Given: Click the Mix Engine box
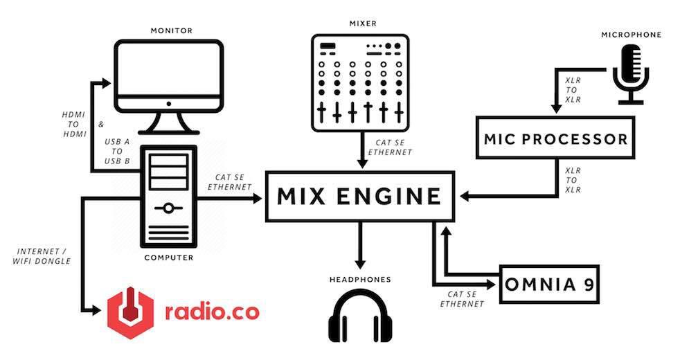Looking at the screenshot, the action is (360, 197).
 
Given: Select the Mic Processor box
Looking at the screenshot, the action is (555, 138).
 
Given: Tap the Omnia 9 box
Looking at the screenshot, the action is (549, 284).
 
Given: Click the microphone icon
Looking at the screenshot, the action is (631, 74).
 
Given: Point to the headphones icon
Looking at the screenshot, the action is (360, 316).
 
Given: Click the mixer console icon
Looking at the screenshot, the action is (360, 83).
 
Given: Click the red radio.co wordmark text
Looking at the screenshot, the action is (212, 311).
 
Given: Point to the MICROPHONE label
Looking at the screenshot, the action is (631, 35).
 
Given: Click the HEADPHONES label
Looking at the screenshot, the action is (360, 280).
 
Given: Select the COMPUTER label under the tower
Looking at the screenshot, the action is (169, 258).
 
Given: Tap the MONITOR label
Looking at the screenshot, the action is (171, 30).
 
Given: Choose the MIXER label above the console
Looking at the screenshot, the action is (363, 24).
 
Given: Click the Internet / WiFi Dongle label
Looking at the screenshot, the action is (42, 256).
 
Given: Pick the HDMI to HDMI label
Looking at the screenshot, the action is (74, 125).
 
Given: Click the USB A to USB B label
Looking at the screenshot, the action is (117, 152).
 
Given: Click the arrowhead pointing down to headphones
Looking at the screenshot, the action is (359, 264).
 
